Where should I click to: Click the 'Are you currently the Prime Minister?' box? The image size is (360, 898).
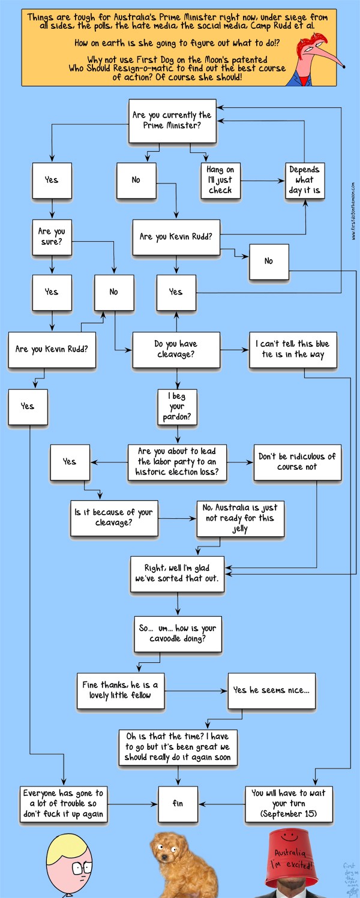172,121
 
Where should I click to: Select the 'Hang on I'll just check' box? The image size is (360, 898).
220,180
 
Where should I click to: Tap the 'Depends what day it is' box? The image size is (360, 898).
304,180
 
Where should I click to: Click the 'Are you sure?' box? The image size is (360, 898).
52,237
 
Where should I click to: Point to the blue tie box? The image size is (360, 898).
292,349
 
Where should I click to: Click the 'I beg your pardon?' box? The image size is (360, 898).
177,406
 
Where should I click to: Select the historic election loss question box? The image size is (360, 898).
177,462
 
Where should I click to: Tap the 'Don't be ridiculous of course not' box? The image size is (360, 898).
297,462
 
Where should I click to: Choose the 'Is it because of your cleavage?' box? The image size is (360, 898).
113,518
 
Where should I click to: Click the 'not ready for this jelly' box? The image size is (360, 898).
240,518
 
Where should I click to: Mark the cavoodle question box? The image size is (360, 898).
178,633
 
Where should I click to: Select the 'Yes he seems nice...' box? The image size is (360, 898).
271,690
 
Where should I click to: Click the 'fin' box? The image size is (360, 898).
178,803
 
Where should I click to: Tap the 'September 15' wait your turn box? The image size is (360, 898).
289,803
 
